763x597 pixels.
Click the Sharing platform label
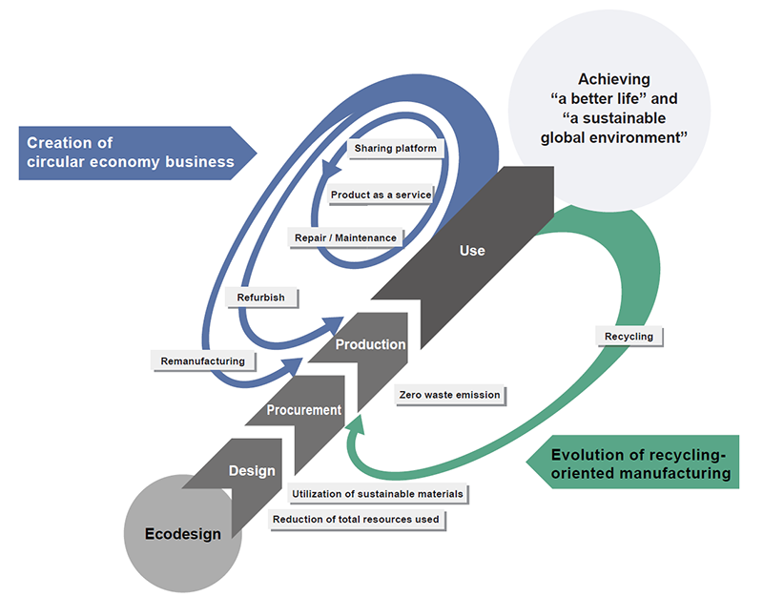click(x=396, y=149)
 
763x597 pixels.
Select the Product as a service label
click(x=381, y=196)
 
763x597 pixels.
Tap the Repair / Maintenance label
click(x=346, y=237)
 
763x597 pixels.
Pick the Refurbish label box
click(x=261, y=298)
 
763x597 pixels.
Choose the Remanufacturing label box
click(x=203, y=361)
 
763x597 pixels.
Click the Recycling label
click(x=629, y=337)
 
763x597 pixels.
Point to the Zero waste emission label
click(x=449, y=395)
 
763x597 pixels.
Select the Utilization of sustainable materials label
click(x=378, y=494)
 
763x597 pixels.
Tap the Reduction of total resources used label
click(x=356, y=520)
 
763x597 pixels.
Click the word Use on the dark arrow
click(x=472, y=251)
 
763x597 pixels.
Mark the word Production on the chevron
click(x=370, y=344)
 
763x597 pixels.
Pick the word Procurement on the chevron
click(x=303, y=410)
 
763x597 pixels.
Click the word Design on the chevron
click(x=252, y=471)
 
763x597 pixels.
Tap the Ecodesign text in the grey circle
click(x=183, y=534)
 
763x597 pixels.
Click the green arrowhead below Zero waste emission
click(x=357, y=424)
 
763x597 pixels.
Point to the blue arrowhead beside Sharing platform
click(x=331, y=171)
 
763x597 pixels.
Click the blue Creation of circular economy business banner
click(x=137, y=153)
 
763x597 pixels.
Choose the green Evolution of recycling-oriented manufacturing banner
click(x=632, y=462)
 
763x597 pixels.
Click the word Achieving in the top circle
click(x=614, y=79)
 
